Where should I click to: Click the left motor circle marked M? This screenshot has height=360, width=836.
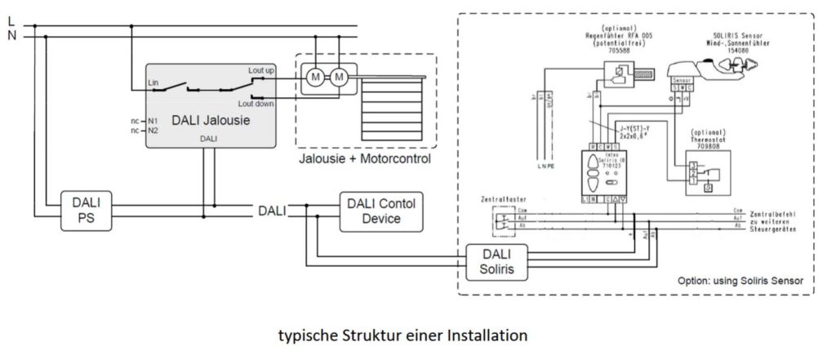coord(315,78)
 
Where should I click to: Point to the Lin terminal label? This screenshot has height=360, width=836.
coord(153,82)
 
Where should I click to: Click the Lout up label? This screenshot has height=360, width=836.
coord(260,72)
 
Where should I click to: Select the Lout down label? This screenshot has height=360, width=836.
coord(257,104)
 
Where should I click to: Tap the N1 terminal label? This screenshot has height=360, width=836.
coord(153,119)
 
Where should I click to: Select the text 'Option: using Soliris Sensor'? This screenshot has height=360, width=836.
coord(739,280)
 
